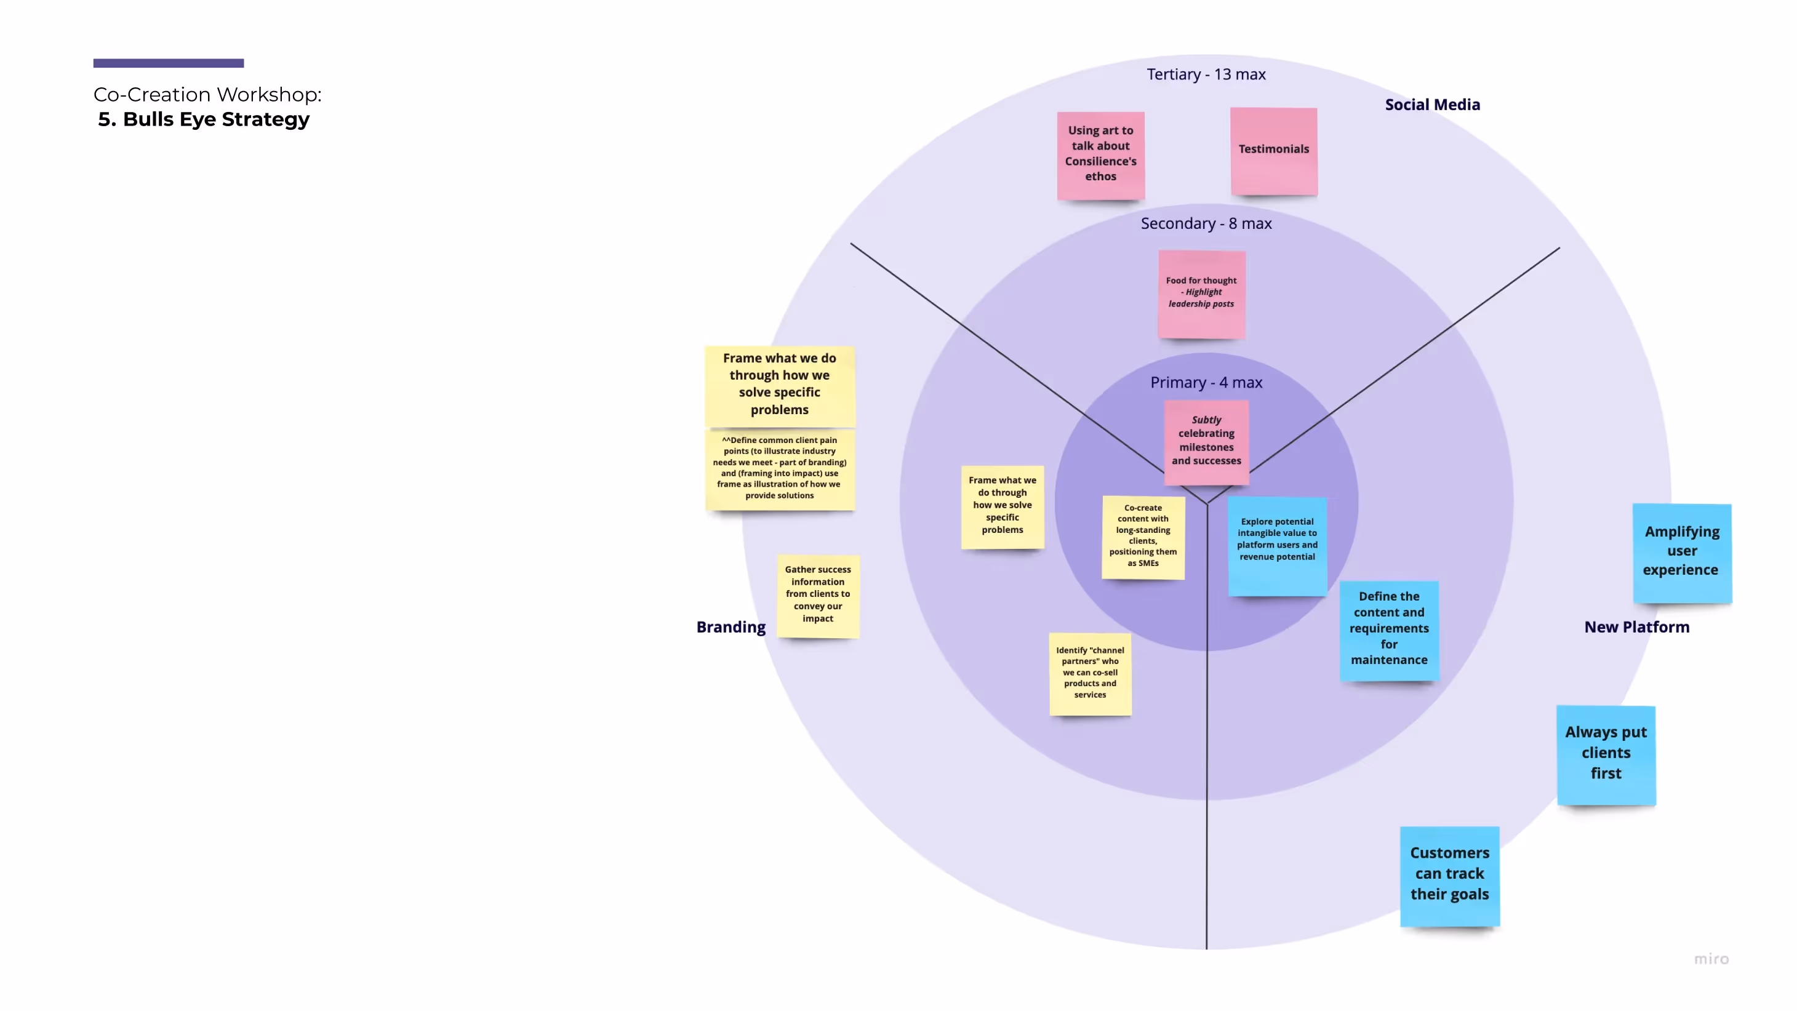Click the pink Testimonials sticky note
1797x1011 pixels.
[x=1274, y=151]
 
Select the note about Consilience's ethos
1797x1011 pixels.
[x=1101, y=156]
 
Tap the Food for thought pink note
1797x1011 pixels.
[x=1201, y=294]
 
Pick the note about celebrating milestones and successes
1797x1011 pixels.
[x=1207, y=442]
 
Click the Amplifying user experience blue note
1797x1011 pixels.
[x=1682, y=553]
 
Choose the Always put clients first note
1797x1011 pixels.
[x=1606, y=755]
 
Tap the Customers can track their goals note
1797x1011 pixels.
[x=1449, y=876]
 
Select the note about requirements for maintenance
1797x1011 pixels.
[x=1389, y=630]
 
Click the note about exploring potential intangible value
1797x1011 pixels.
[x=1278, y=546]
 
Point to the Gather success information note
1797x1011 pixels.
[x=818, y=596]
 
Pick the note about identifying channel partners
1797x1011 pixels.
[x=1091, y=674]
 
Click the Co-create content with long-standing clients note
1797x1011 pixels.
[x=1143, y=537]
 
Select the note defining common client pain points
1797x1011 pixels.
[x=780, y=469]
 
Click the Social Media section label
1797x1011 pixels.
[x=1432, y=105]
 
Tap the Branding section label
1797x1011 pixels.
[x=731, y=627]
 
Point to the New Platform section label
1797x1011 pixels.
[x=1636, y=627]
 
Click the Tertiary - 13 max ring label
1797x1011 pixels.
[x=1206, y=74]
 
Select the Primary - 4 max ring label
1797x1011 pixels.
[x=1206, y=382]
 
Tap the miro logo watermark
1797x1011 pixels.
[x=1712, y=959]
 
